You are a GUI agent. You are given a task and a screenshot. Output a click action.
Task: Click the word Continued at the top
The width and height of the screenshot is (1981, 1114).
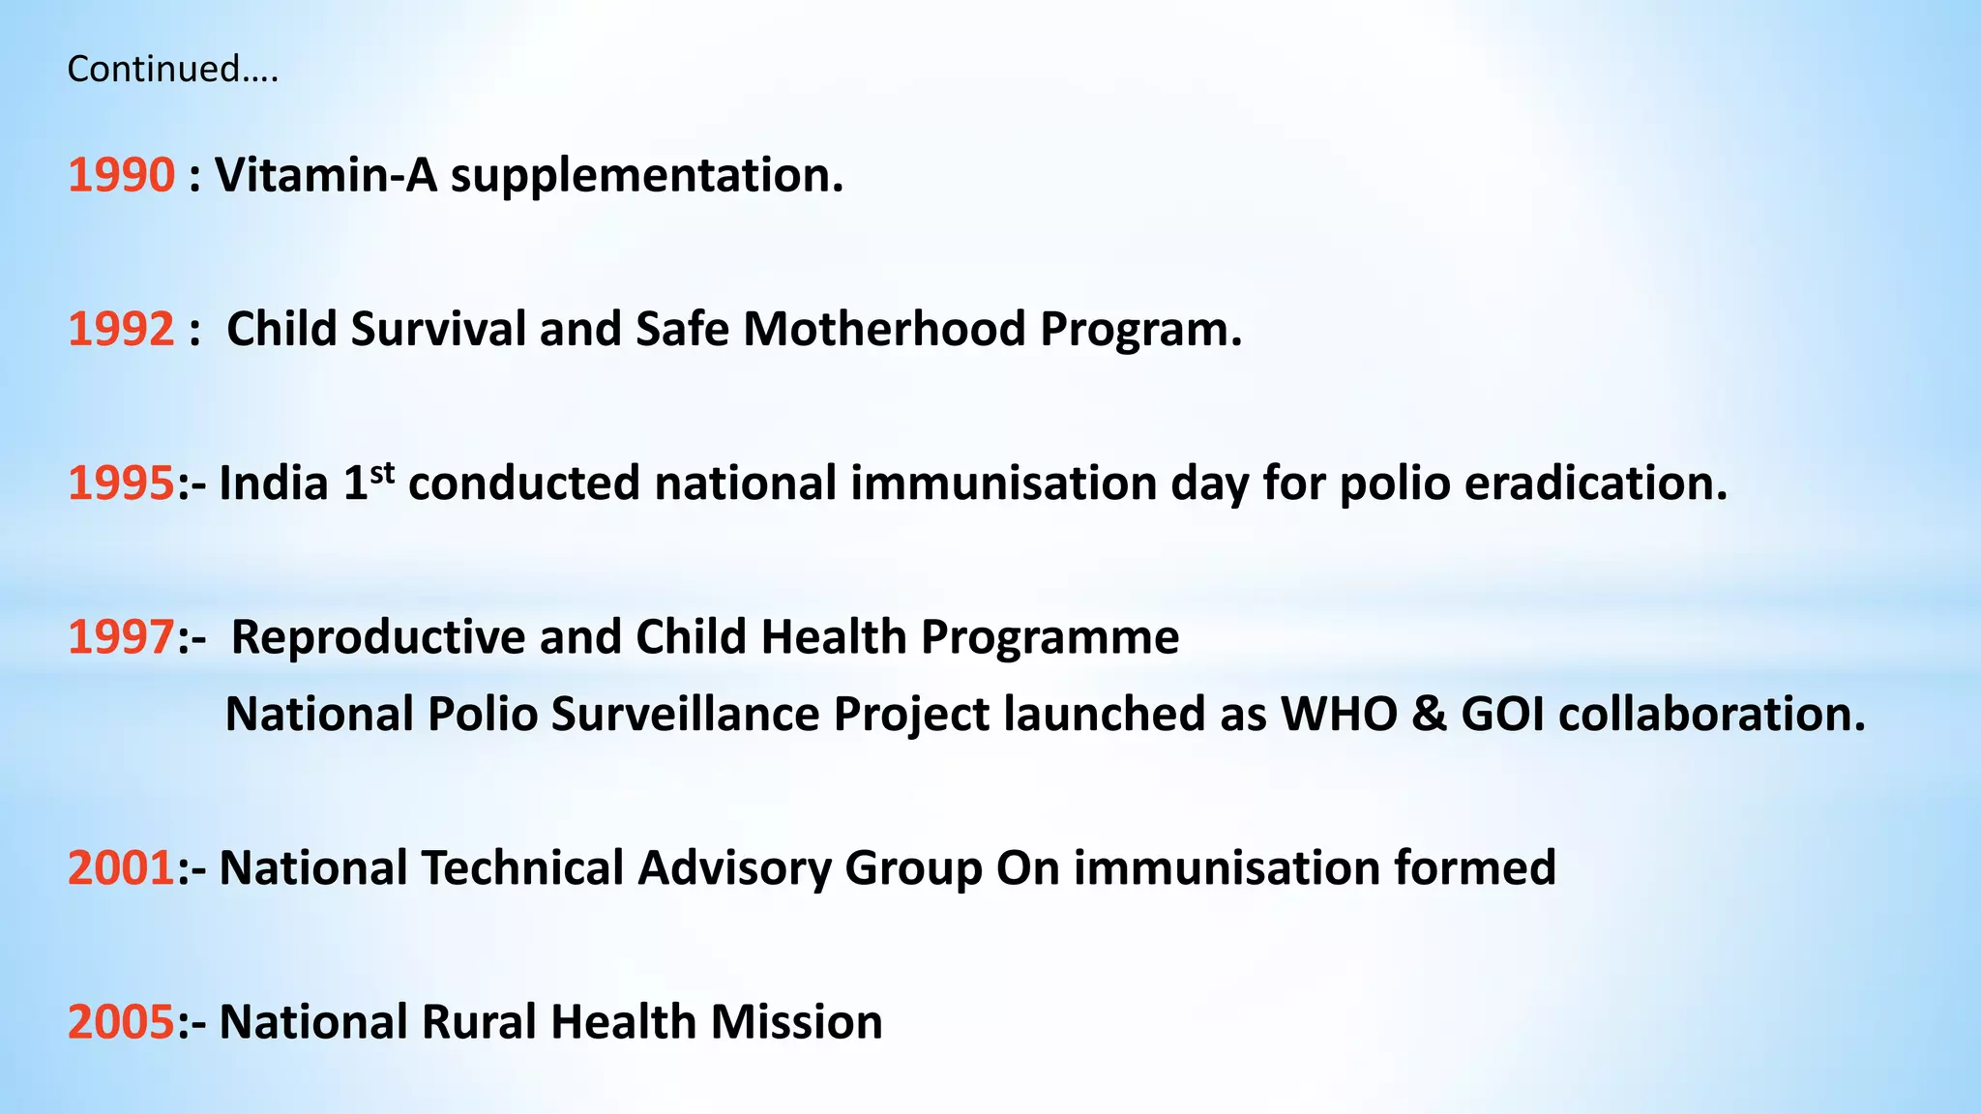[155, 70]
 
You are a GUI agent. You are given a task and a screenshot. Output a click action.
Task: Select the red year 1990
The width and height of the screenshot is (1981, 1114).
[121, 175]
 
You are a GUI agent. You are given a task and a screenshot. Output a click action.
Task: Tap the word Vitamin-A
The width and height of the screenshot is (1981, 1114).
[325, 175]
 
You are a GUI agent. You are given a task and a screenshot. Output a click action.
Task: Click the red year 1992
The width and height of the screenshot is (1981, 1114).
[121, 329]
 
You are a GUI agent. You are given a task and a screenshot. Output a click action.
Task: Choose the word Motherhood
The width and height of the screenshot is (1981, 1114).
[883, 329]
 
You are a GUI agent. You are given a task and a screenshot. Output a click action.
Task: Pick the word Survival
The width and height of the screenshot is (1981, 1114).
[438, 329]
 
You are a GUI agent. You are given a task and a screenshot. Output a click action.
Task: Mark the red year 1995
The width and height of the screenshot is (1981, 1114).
[121, 483]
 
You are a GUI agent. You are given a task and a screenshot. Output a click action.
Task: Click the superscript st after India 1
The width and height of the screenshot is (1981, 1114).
[383, 473]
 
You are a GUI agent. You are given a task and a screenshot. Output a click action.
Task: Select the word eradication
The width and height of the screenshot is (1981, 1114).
[1595, 483]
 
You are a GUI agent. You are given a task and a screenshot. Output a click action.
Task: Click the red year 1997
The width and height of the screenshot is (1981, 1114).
[121, 637]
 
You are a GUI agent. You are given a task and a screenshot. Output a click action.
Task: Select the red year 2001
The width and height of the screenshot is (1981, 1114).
[121, 867]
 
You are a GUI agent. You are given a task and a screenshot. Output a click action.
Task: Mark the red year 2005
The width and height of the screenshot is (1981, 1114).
[121, 1022]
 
